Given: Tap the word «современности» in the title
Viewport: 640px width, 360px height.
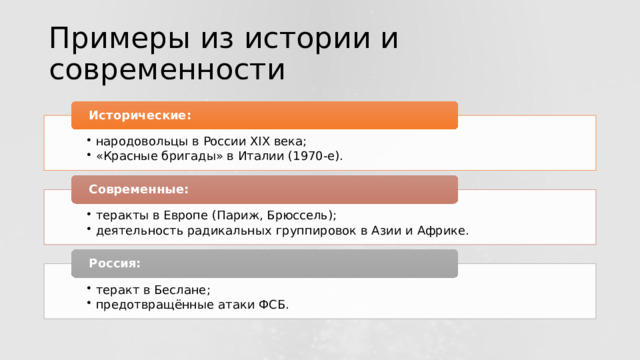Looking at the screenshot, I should click(x=166, y=70).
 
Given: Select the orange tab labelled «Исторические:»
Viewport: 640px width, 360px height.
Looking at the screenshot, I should click(x=265, y=115).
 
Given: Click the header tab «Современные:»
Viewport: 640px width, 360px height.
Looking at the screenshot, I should click(x=265, y=189).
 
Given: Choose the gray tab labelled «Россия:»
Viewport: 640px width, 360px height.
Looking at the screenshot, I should click(x=265, y=263).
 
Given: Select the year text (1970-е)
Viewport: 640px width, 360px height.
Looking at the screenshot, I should click(x=312, y=156).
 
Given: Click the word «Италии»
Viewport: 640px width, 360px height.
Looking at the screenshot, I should click(x=259, y=156).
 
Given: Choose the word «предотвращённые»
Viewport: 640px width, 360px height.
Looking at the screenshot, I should click(x=149, y=304).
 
